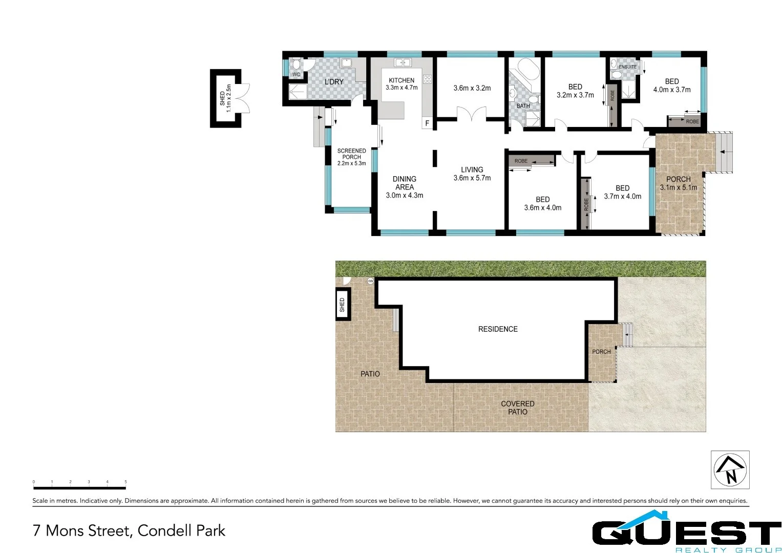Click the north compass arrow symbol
(730, 470)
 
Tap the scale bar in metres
(79, 487)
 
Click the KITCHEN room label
(401, 80)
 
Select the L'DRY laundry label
(334, 82)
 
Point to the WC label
(296, 75)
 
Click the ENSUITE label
(627, 67)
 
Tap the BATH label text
(523, 106)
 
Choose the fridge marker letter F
(427, 123)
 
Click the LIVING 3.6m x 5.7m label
(472, 174)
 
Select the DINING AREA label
(404, 183)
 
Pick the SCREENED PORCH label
(351, 154)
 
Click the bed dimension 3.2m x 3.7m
(575, 95)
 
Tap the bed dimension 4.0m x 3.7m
(671, 90)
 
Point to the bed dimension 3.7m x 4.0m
(622, 196)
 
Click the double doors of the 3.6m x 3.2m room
(471, 114)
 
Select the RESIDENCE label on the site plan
(498, 329)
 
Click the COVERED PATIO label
(517, 408)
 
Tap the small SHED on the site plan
(342, 305)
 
